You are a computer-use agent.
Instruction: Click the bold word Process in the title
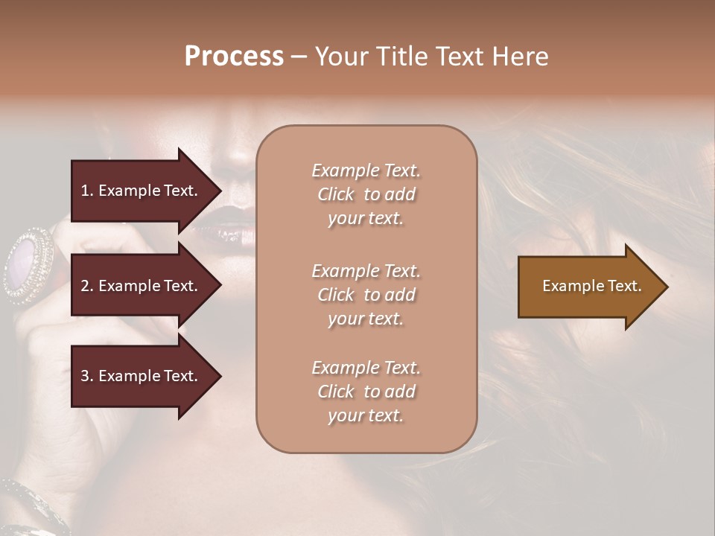click(234, 57)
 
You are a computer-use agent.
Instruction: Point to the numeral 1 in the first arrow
click(85, 191)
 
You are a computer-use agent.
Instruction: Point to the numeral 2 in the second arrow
click(85, 286)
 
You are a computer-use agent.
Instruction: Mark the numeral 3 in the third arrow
click(85, 376)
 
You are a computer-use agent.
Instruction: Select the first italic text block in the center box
click(366, 194)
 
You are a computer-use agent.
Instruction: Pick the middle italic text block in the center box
click(366, 295)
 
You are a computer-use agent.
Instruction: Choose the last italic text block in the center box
click(366, 392)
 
